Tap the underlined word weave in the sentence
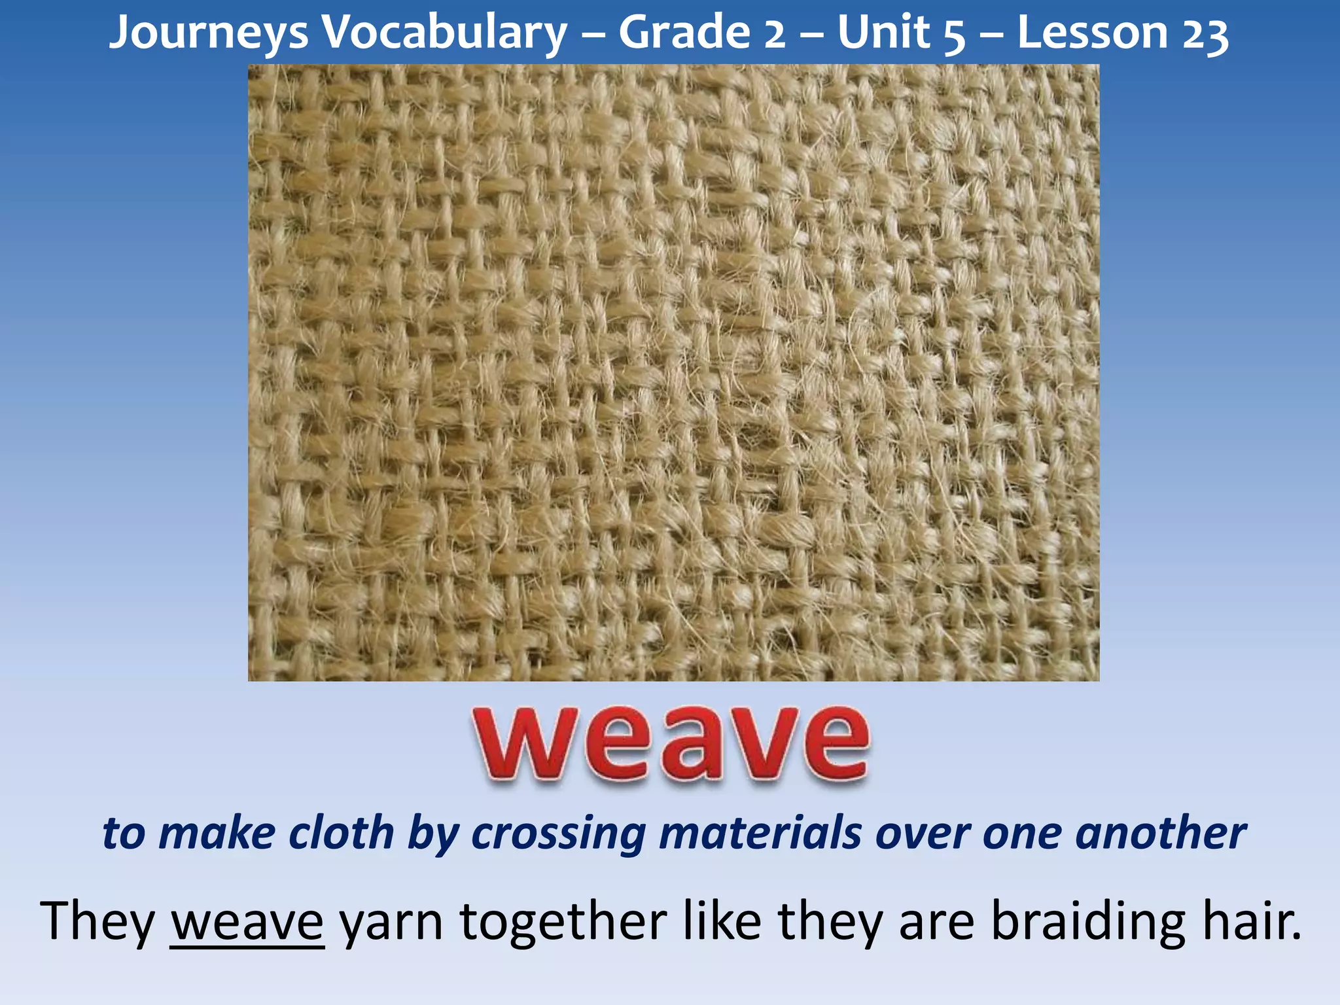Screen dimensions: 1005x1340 (x=247, y=921)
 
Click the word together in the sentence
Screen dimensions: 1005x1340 (x=563, y=921)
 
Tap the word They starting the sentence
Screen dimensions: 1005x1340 (x=97, y=921)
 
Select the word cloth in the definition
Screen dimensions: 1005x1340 (x=342, y=834)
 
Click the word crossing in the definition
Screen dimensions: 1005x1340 (x=558, y=835)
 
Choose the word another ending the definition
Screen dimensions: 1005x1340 (x=1160, y=834)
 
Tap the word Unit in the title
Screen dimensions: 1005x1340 (x=883, y=33)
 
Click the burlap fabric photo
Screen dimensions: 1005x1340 (x=673, y=373)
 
